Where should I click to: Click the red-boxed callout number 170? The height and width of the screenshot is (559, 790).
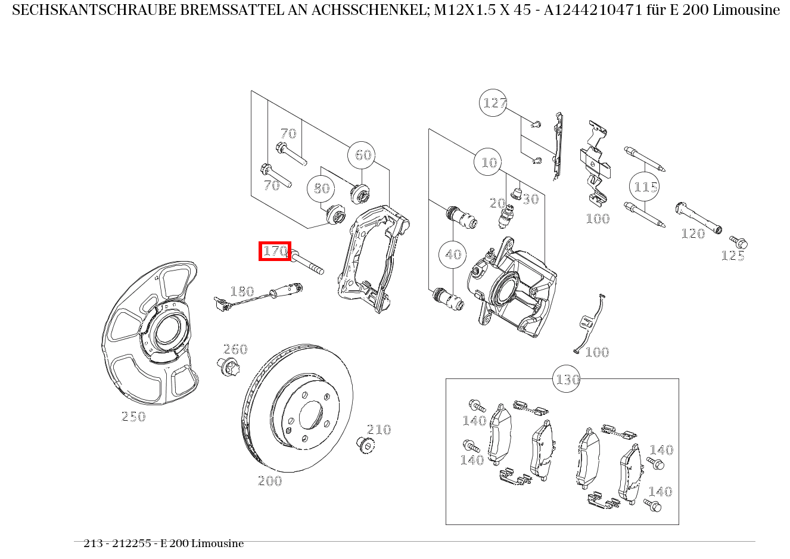click(275, 251)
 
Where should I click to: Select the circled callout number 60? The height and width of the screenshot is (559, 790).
click(363, 156)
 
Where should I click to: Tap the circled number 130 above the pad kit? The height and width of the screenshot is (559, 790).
click(567, 380)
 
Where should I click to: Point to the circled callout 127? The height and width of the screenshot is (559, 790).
click(493, 103)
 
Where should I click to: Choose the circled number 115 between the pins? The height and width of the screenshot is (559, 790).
click(645, 188)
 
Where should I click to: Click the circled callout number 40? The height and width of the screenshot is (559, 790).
click(453, 255)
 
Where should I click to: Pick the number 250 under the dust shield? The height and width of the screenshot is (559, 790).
click(133, 417)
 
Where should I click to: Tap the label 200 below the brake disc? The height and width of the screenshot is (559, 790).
click(270, 481)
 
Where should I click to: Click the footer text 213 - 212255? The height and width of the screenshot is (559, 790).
click(117, 544)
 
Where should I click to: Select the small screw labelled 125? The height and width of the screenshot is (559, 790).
click(739, 243)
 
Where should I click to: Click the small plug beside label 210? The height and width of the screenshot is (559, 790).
click(364, 444)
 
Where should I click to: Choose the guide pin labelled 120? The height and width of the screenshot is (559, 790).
click(698, 218)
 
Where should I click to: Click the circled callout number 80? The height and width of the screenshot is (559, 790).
click(321, 188)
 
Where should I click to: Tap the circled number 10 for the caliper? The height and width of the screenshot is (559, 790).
click(489, 162)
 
